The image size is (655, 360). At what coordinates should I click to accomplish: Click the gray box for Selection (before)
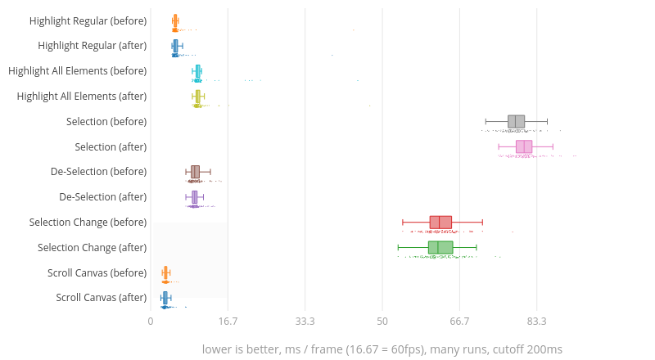tap(516, 122)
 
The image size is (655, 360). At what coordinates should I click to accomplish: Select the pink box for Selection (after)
tap(524, 147)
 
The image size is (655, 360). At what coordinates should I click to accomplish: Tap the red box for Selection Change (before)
tap(440, 223)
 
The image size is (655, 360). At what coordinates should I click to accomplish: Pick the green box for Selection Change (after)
tap(440, 248)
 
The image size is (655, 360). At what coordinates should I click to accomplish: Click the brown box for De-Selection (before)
tap(195, 172)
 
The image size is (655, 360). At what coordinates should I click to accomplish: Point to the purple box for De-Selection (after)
tap(195, 197)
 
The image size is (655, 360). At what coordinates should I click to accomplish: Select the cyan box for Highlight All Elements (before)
tap(198, 71)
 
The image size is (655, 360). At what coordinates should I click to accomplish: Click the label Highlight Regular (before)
tap(88, 20)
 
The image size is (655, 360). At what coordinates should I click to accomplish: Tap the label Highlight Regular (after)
tap(92, 46)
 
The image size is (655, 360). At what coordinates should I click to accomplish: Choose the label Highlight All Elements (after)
tap(82, 97)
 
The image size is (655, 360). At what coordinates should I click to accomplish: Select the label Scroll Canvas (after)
tap(101, 298)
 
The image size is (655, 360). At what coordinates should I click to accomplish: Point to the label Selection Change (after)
tap(92, 248)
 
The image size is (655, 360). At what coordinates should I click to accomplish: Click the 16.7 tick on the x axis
tap(228, 321)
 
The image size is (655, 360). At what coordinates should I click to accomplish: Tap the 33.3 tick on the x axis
tap(305, 321)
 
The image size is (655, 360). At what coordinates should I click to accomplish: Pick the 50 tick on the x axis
tap(382, 321)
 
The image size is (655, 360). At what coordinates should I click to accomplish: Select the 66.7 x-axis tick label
tap(459, 321)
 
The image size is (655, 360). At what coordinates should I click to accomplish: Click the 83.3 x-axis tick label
tap(536, 321)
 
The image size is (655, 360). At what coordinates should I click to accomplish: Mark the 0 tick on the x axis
tap(151, 321)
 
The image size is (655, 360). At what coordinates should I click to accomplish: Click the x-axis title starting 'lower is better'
tap(382, 349)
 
